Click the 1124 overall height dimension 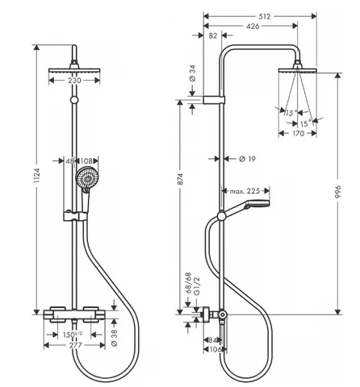point(37,176)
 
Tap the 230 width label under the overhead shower point(74,81)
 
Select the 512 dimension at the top point(264,17)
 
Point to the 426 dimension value point(253,26)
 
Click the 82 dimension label point(213,35)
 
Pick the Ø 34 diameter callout point(193,73)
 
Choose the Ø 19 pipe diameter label point(247,159)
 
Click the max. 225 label point(245,191)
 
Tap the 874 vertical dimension point(180,179)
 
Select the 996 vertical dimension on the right point(337,192)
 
